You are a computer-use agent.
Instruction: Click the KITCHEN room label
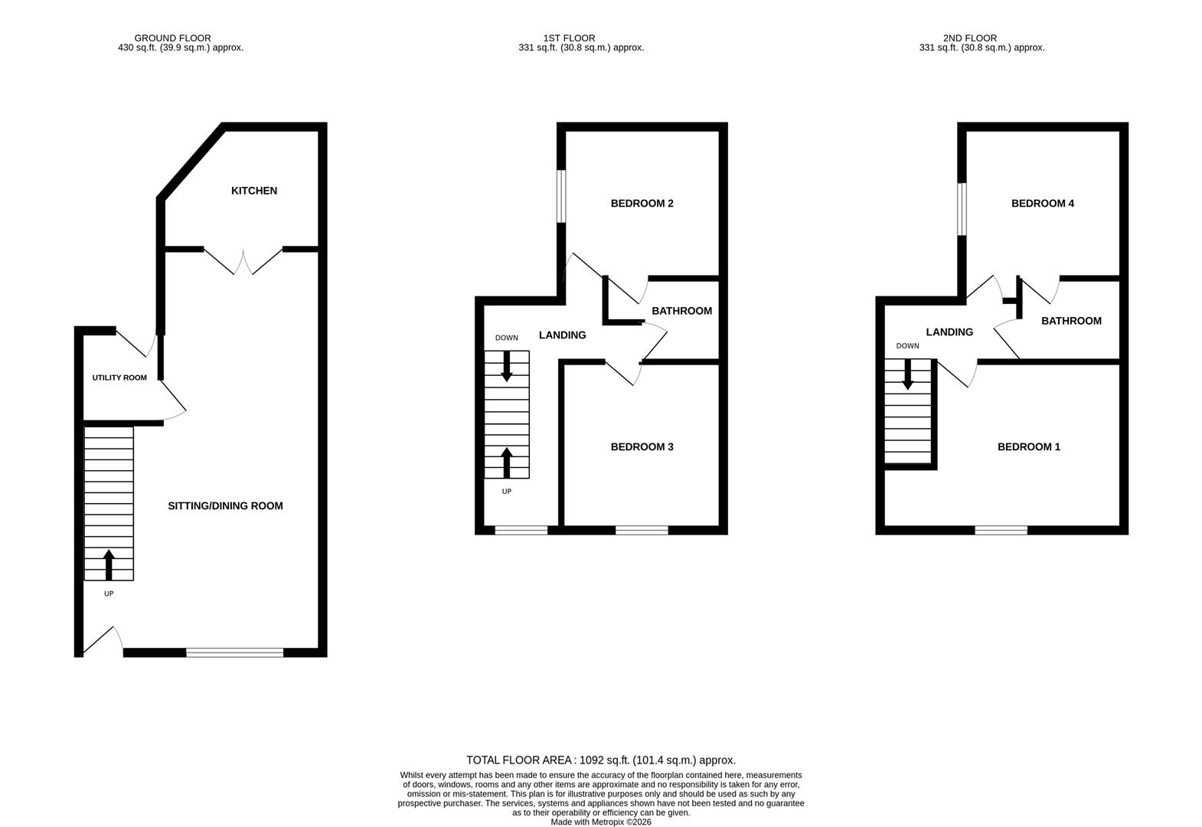(x=254, y=191)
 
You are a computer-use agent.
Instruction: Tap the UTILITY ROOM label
(x=119, y=378)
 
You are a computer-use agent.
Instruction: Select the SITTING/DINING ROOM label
(x=225, y=505)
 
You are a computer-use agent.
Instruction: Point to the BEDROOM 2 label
(x=642, y=204)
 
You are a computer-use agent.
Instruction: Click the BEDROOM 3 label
(x=642, y=447)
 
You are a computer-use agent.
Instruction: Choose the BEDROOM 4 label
(x=1043, y=204)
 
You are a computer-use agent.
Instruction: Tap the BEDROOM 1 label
(x=1029, y=447)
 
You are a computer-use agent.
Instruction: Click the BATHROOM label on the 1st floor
(x=681, y=311)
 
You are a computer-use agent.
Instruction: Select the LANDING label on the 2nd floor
(x=949, y=332)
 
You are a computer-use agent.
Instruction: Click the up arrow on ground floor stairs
(x=109, y=564)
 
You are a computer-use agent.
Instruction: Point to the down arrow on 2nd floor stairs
(x=907, y=374)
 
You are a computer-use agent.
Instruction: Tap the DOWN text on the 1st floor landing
(x=507, y=338)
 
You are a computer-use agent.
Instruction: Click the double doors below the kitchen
(x=243, y=262)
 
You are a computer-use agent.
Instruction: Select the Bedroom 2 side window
(x=560, y=196)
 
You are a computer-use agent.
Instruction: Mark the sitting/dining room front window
(x=234, y=652)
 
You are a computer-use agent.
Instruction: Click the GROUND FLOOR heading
(x=172, y=38)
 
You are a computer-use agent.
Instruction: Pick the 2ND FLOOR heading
(x=970, y=38)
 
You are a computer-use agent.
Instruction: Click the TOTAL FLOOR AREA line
(x=600, y=760)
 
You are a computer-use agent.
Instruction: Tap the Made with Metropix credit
(x=601, y=822)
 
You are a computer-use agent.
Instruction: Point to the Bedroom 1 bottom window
(x=1001, y=530)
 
